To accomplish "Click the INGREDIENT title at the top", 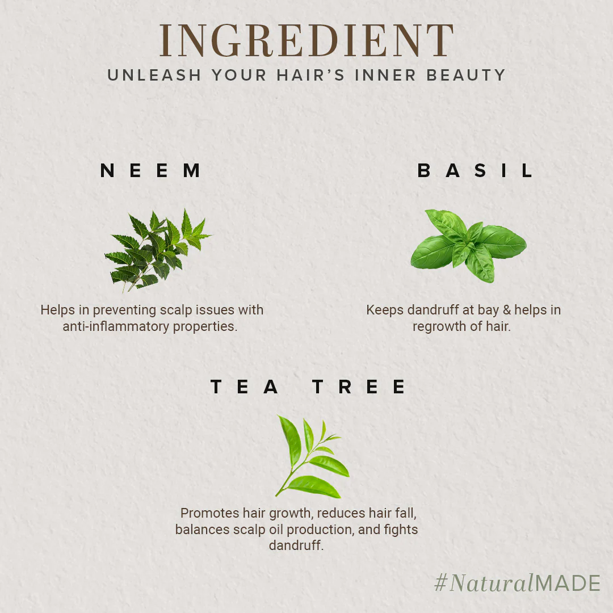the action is pyautogui.click(x=306, y=40).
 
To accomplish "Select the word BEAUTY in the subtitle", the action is pyautogui.click(x=466, y=75).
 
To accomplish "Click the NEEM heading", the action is pyautogui.click(x=150, y=170).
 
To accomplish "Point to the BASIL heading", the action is pyautogui.click(x=475, y=170).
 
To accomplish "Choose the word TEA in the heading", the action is pyautogui.click(x=244, y=387).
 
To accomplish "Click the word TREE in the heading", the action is pyautogui.click(x=359, y=387).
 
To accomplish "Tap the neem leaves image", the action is pyautogui.click(x=157, y=251).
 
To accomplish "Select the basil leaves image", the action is pyautogui.click(x=468, y=246).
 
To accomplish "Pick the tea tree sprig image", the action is pyautogui.click(x=312, y=456).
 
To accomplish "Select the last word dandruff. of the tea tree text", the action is pyautogui.click(x=296, y=545).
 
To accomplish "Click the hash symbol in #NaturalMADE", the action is pyautogui.click(x=440, y=582).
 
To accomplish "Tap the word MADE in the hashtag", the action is pyautogui.click(x=567, y=583).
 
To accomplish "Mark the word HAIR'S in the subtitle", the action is pyautogui.click(x=311, y=75).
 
